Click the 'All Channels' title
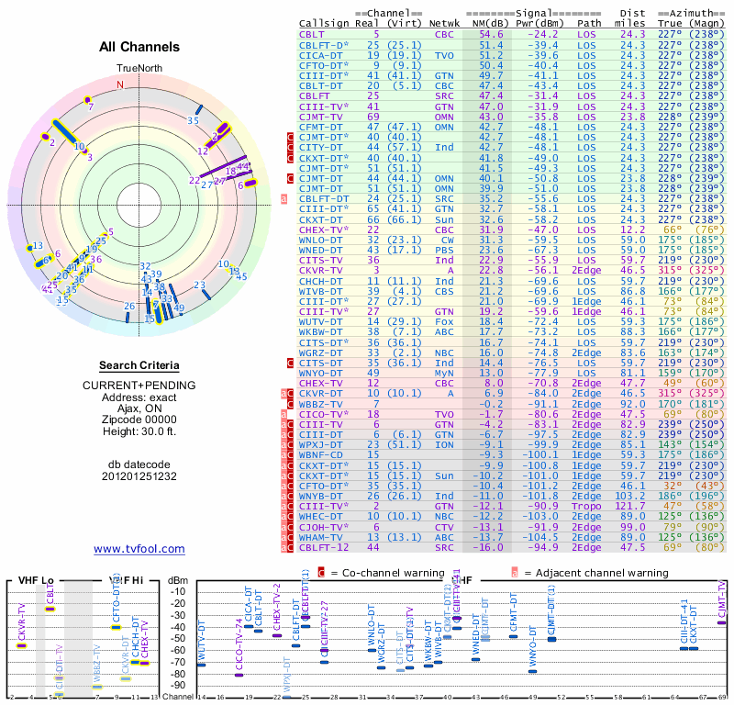point(139,47)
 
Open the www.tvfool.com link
point(139,549)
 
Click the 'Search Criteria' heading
point(139,365)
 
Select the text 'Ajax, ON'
point(139,408)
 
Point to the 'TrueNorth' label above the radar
point(139,68)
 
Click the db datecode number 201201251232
point(139,476)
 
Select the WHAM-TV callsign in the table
point(322,536)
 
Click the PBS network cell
point(444,249)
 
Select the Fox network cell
point(444,320)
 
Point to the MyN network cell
point(444,373)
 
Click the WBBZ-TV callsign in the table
point(322,403)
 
